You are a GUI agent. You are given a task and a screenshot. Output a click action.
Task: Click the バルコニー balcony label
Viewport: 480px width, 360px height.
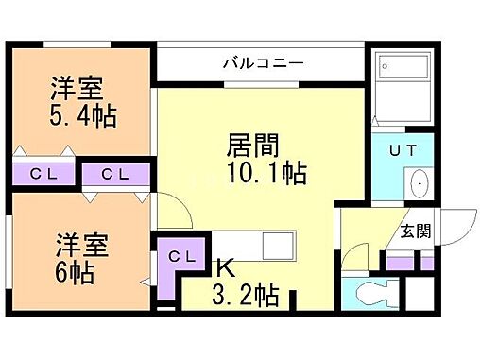pos(263,64)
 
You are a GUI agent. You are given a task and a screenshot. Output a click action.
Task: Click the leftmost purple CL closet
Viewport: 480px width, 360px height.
pos(41,174)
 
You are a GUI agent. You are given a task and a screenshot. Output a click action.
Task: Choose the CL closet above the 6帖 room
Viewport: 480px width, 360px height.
pos(115,174)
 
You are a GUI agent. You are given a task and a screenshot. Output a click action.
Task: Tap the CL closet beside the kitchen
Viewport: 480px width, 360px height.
pos(182,256)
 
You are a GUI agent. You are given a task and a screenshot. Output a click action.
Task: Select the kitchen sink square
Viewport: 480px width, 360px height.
pos(282,247)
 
